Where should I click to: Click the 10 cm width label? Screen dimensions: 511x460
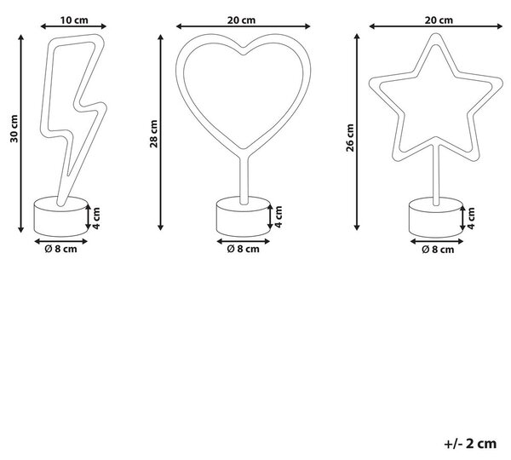74,20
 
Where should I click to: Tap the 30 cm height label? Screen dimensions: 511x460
14,129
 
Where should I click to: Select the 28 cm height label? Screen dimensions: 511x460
154,134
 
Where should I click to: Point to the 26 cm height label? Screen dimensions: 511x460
350,138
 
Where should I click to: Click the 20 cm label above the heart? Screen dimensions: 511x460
242,20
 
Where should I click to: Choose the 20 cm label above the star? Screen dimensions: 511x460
439,20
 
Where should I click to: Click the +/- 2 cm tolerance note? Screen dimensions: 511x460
470,444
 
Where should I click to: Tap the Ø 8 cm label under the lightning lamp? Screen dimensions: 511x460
61,249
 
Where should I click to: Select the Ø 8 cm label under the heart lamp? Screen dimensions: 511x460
243,249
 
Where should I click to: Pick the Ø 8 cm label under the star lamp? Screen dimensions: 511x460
438,250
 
